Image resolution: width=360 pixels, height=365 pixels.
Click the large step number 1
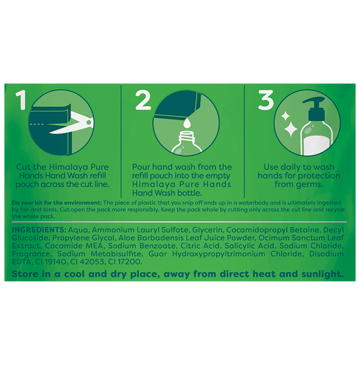point(21,100)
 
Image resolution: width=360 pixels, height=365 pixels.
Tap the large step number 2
point(143,100)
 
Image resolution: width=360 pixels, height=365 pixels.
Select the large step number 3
point(266,100)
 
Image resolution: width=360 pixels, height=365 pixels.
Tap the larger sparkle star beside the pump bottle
point(291,129)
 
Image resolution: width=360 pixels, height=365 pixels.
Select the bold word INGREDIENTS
point(39,230)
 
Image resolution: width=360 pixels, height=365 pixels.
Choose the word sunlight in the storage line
point(322,274)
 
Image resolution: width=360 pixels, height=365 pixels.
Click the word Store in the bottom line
point(25,274)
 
